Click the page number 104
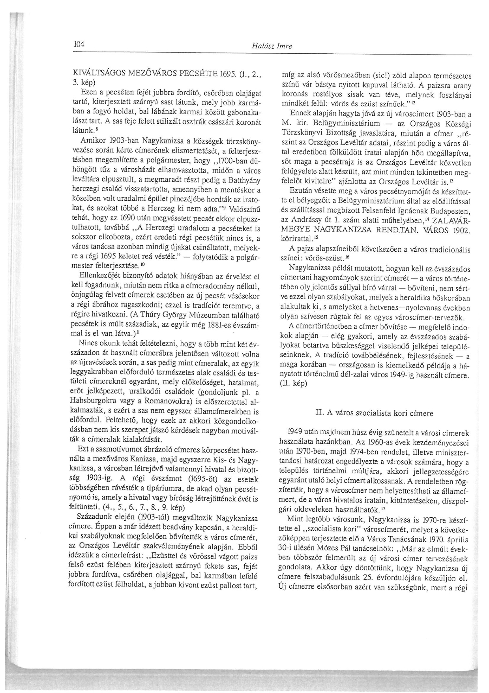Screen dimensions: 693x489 79,44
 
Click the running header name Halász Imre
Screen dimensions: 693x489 272,46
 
